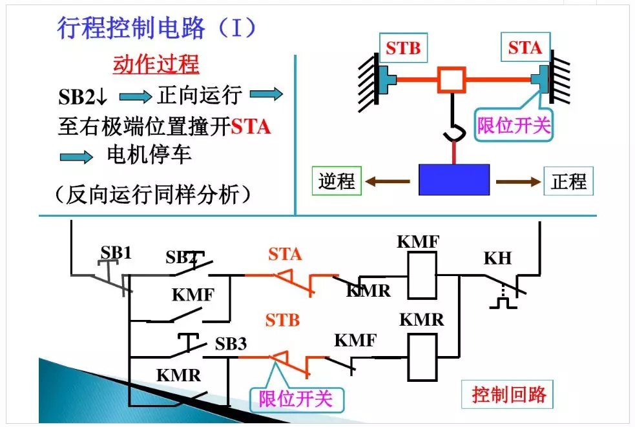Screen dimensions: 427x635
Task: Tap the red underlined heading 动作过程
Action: click(x=156, y=65)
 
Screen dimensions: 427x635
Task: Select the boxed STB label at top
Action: click(x=403, y=48)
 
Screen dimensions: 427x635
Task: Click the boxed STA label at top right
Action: click(x=525, y=48)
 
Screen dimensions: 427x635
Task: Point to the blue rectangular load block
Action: click(x=453, y=180)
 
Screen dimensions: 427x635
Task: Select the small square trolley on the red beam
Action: click(x=451, y=81)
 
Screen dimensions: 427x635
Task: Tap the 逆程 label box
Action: click(x=337, y=181)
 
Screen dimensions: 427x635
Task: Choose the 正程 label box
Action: click(x=568, y=181)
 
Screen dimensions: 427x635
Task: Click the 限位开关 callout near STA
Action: click(x=514, y=124)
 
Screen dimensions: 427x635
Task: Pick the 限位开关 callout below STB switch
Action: click(x=296, y=399)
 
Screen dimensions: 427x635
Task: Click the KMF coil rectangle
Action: click(x=422, y=275)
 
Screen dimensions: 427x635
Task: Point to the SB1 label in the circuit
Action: click(x=116, y=252)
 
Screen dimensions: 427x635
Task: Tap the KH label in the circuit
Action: click(x=497, y=259)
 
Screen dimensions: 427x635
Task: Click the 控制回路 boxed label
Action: click(x=508, y=393)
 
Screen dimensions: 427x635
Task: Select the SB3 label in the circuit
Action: click(x=231, y=344)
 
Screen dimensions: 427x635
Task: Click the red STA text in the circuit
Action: click(x=285, y=254)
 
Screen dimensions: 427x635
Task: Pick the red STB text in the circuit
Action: click(x=282, y=319)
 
